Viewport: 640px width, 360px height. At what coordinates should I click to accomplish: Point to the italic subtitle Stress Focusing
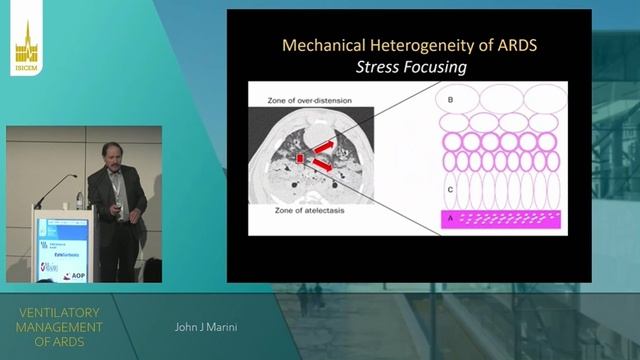[x=408, y=69]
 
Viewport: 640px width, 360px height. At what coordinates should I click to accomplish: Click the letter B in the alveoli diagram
[x=451, y=100]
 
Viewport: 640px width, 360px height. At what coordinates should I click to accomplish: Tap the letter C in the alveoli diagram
[x=450, y=189]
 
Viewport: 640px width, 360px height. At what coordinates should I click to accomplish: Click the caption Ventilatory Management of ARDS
[x=62, y=326]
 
